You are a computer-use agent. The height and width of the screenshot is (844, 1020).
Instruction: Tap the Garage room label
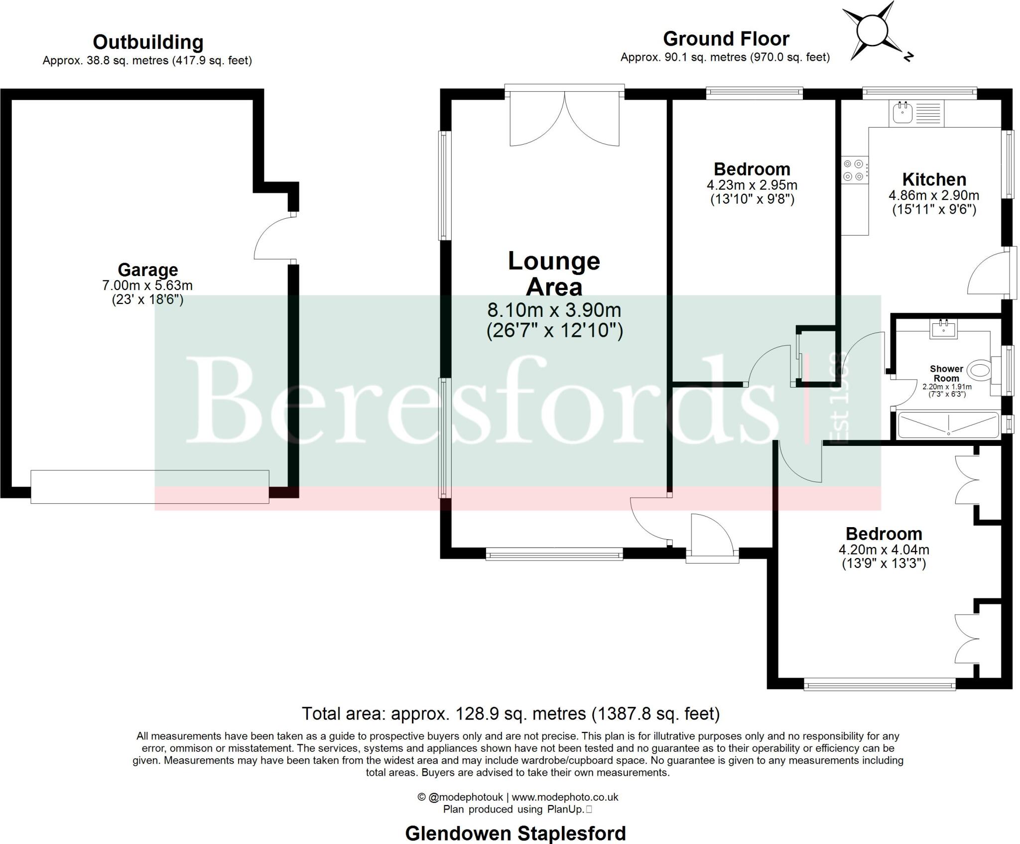[x=147, y=270]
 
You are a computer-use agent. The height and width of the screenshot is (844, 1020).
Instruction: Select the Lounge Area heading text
[x=554, y=274]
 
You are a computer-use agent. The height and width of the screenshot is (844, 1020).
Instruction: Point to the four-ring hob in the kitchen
[x=854, y=170]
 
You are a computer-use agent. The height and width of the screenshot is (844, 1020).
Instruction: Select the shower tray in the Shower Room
[x=948, y=425]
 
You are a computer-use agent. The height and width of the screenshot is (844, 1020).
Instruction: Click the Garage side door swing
[x=273, y=238]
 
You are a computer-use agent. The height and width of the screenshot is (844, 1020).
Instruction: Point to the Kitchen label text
[x=934, y=179]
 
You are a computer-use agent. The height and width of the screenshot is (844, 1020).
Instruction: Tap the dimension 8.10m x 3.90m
[x=554, y=310]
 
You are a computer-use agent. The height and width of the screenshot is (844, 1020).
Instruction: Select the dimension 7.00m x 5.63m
[x=147, y=285]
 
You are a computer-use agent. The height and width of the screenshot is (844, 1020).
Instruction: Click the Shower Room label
[x=946, y=374]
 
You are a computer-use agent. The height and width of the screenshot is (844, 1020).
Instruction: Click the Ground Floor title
[x=726, y=39]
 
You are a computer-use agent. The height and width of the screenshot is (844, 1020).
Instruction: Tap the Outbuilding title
[x=148, y=42]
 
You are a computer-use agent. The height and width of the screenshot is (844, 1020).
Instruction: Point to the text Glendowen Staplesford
[x=515, y=833]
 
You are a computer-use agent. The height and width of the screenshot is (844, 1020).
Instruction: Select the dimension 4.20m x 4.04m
[x=884, y=550]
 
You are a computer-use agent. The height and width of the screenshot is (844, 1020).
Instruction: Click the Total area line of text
[x=510, y=713]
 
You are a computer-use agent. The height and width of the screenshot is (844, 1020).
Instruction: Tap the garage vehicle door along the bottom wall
[x=149, y=487]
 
